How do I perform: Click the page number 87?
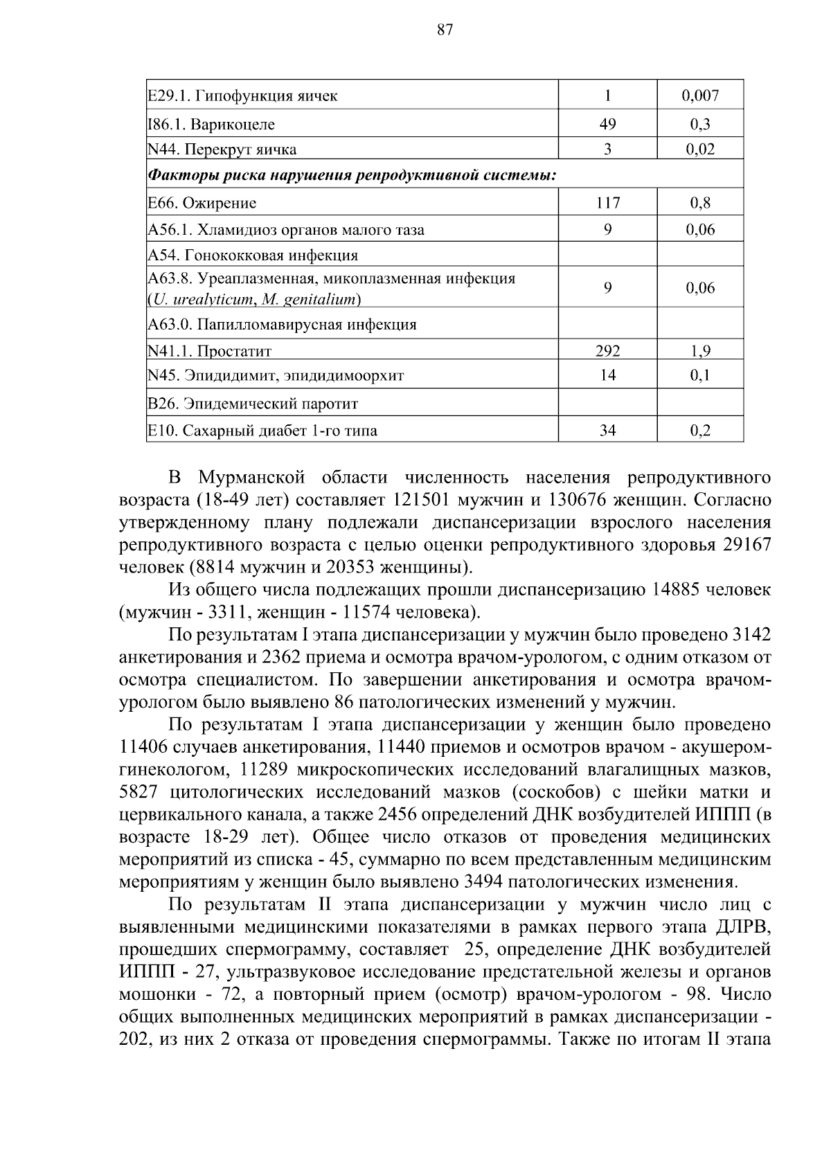click(x=445, y=29)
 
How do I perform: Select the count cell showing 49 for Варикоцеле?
click(x=607, y=125)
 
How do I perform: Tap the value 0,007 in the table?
click(x=700, y=96)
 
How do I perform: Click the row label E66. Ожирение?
click(x=202, y=203)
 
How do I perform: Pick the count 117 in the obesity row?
click(x=607, y=203)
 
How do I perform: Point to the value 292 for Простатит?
click(x=607, y=351)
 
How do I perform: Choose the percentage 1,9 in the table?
click(x=700, y=351)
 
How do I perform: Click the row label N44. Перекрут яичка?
click(x=222, y=150)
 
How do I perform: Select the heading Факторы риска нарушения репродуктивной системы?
click(x=352, y=175)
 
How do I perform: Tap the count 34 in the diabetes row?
click(x=607, y=431)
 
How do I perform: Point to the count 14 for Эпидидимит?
click(x=607, y=376)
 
